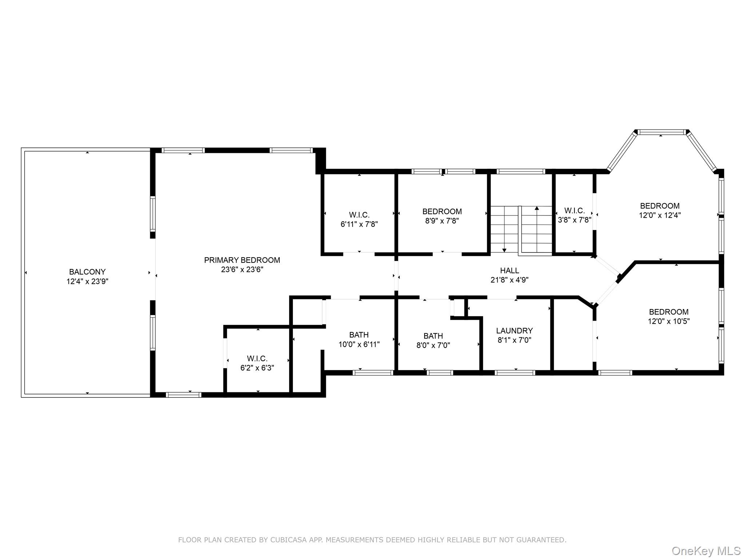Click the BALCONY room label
tap(87, 272)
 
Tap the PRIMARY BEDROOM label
tap(242, 260)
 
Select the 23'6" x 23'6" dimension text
tap(242, 270)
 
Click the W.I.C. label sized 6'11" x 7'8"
tap(359, 215)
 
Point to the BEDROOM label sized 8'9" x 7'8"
tap(442, 211)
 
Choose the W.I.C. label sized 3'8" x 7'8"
tap(574, 211)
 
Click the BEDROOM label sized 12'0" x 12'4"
tap(660, 206)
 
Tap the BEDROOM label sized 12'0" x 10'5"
tap(669, 312)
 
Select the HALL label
tap(509, 270)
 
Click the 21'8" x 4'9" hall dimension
tap(509, 280)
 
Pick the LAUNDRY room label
tap(514, 331)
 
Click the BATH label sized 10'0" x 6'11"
tap(359, 335)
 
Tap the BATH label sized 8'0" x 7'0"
tap(433, 336)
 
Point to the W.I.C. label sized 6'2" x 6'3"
tap(257, 358)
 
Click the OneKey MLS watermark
tap(706, 551)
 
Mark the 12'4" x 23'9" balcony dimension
tap(87, 281)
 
